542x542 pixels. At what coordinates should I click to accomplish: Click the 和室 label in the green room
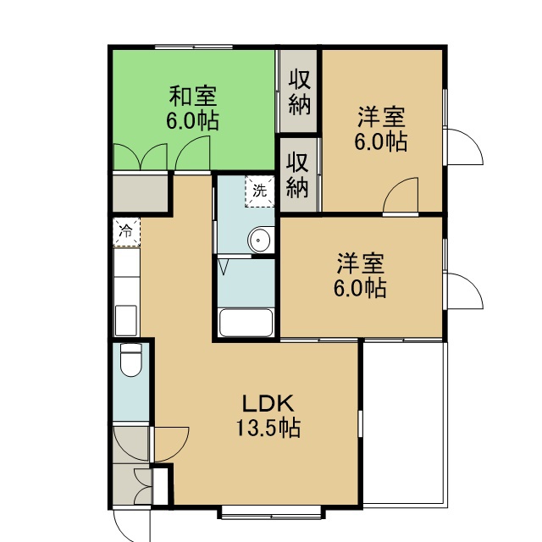tap(193, 96)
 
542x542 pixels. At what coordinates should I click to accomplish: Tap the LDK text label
tap(268, 403)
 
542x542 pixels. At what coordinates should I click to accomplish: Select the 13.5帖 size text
tap(268, 428)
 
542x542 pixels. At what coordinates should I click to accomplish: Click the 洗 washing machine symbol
tap(260, 191)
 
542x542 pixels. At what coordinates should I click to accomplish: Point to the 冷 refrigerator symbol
tap(127, 231)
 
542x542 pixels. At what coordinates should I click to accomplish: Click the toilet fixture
tap(131, 359)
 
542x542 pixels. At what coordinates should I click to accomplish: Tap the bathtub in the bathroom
tap(246, 322)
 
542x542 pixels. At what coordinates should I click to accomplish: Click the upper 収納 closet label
tap(299, 91)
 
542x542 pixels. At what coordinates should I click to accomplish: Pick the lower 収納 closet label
tap(297, 175)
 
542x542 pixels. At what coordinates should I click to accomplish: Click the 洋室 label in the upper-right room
tap(381, 118)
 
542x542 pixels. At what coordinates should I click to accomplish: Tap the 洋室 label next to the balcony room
tap(360, 263)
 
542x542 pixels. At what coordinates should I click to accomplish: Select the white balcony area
tap(405, 424)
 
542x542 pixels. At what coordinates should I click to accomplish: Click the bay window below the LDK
tap(271, 512)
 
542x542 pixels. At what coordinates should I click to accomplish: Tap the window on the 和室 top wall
tap(194, 47)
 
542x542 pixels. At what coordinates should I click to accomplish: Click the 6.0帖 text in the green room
tap(192, 120)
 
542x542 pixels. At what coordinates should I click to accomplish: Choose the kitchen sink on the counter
tap(126, 320)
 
